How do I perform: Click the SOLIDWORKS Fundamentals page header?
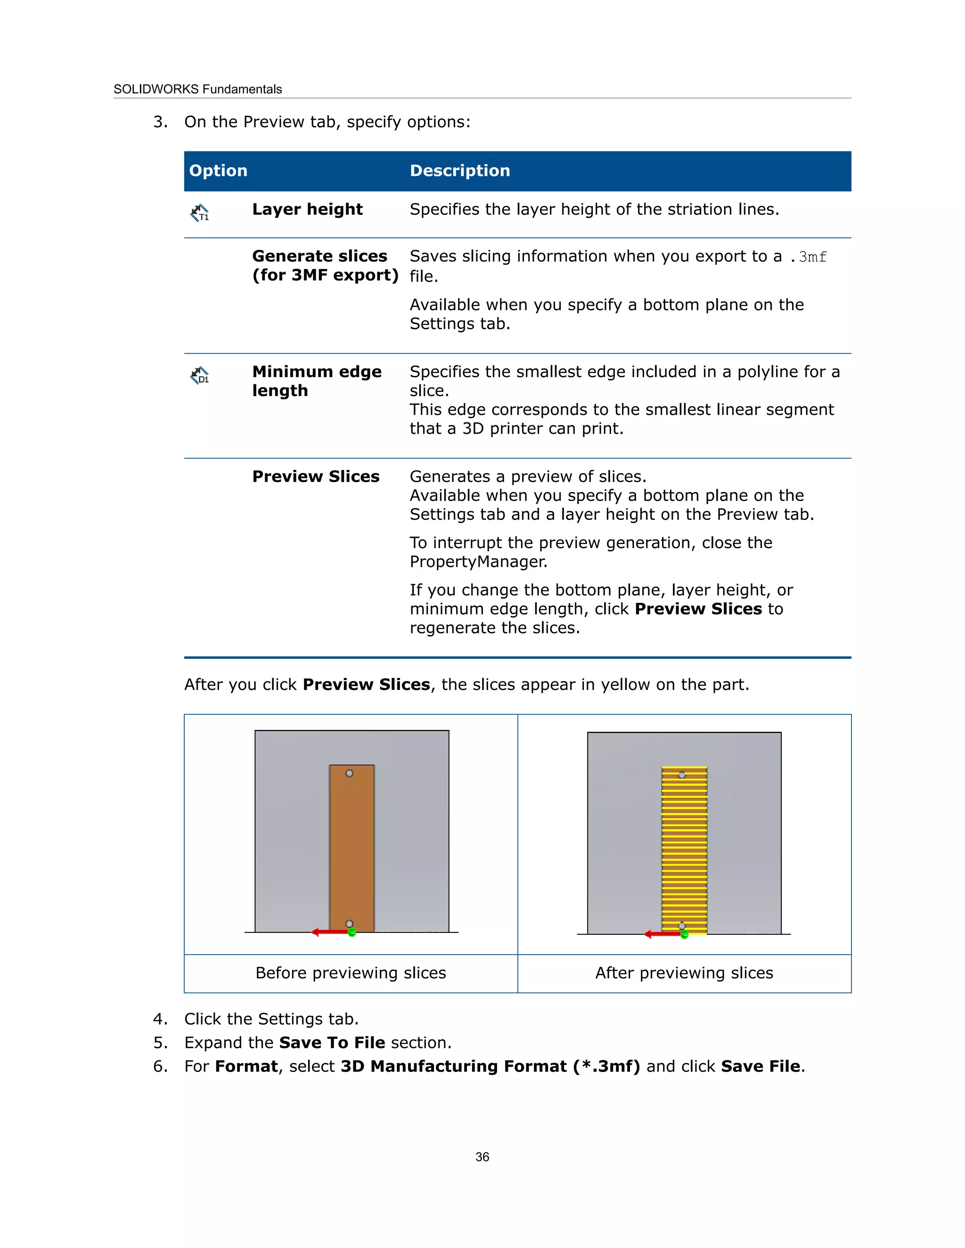197,89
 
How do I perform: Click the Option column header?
218,171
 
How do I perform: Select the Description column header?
459,171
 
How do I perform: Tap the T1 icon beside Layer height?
199,213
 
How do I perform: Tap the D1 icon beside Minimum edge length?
199,375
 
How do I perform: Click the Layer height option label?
307,210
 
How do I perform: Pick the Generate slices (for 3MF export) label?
325,266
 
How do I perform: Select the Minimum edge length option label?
316,381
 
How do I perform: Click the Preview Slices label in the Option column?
316,477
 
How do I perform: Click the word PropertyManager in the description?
478,562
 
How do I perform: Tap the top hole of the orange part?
349,773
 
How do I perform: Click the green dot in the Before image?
352,932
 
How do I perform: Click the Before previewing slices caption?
351,973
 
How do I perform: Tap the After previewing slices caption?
684,973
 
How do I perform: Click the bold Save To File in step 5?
332,1043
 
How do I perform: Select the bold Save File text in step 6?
761,1066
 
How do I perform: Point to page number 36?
482,1157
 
